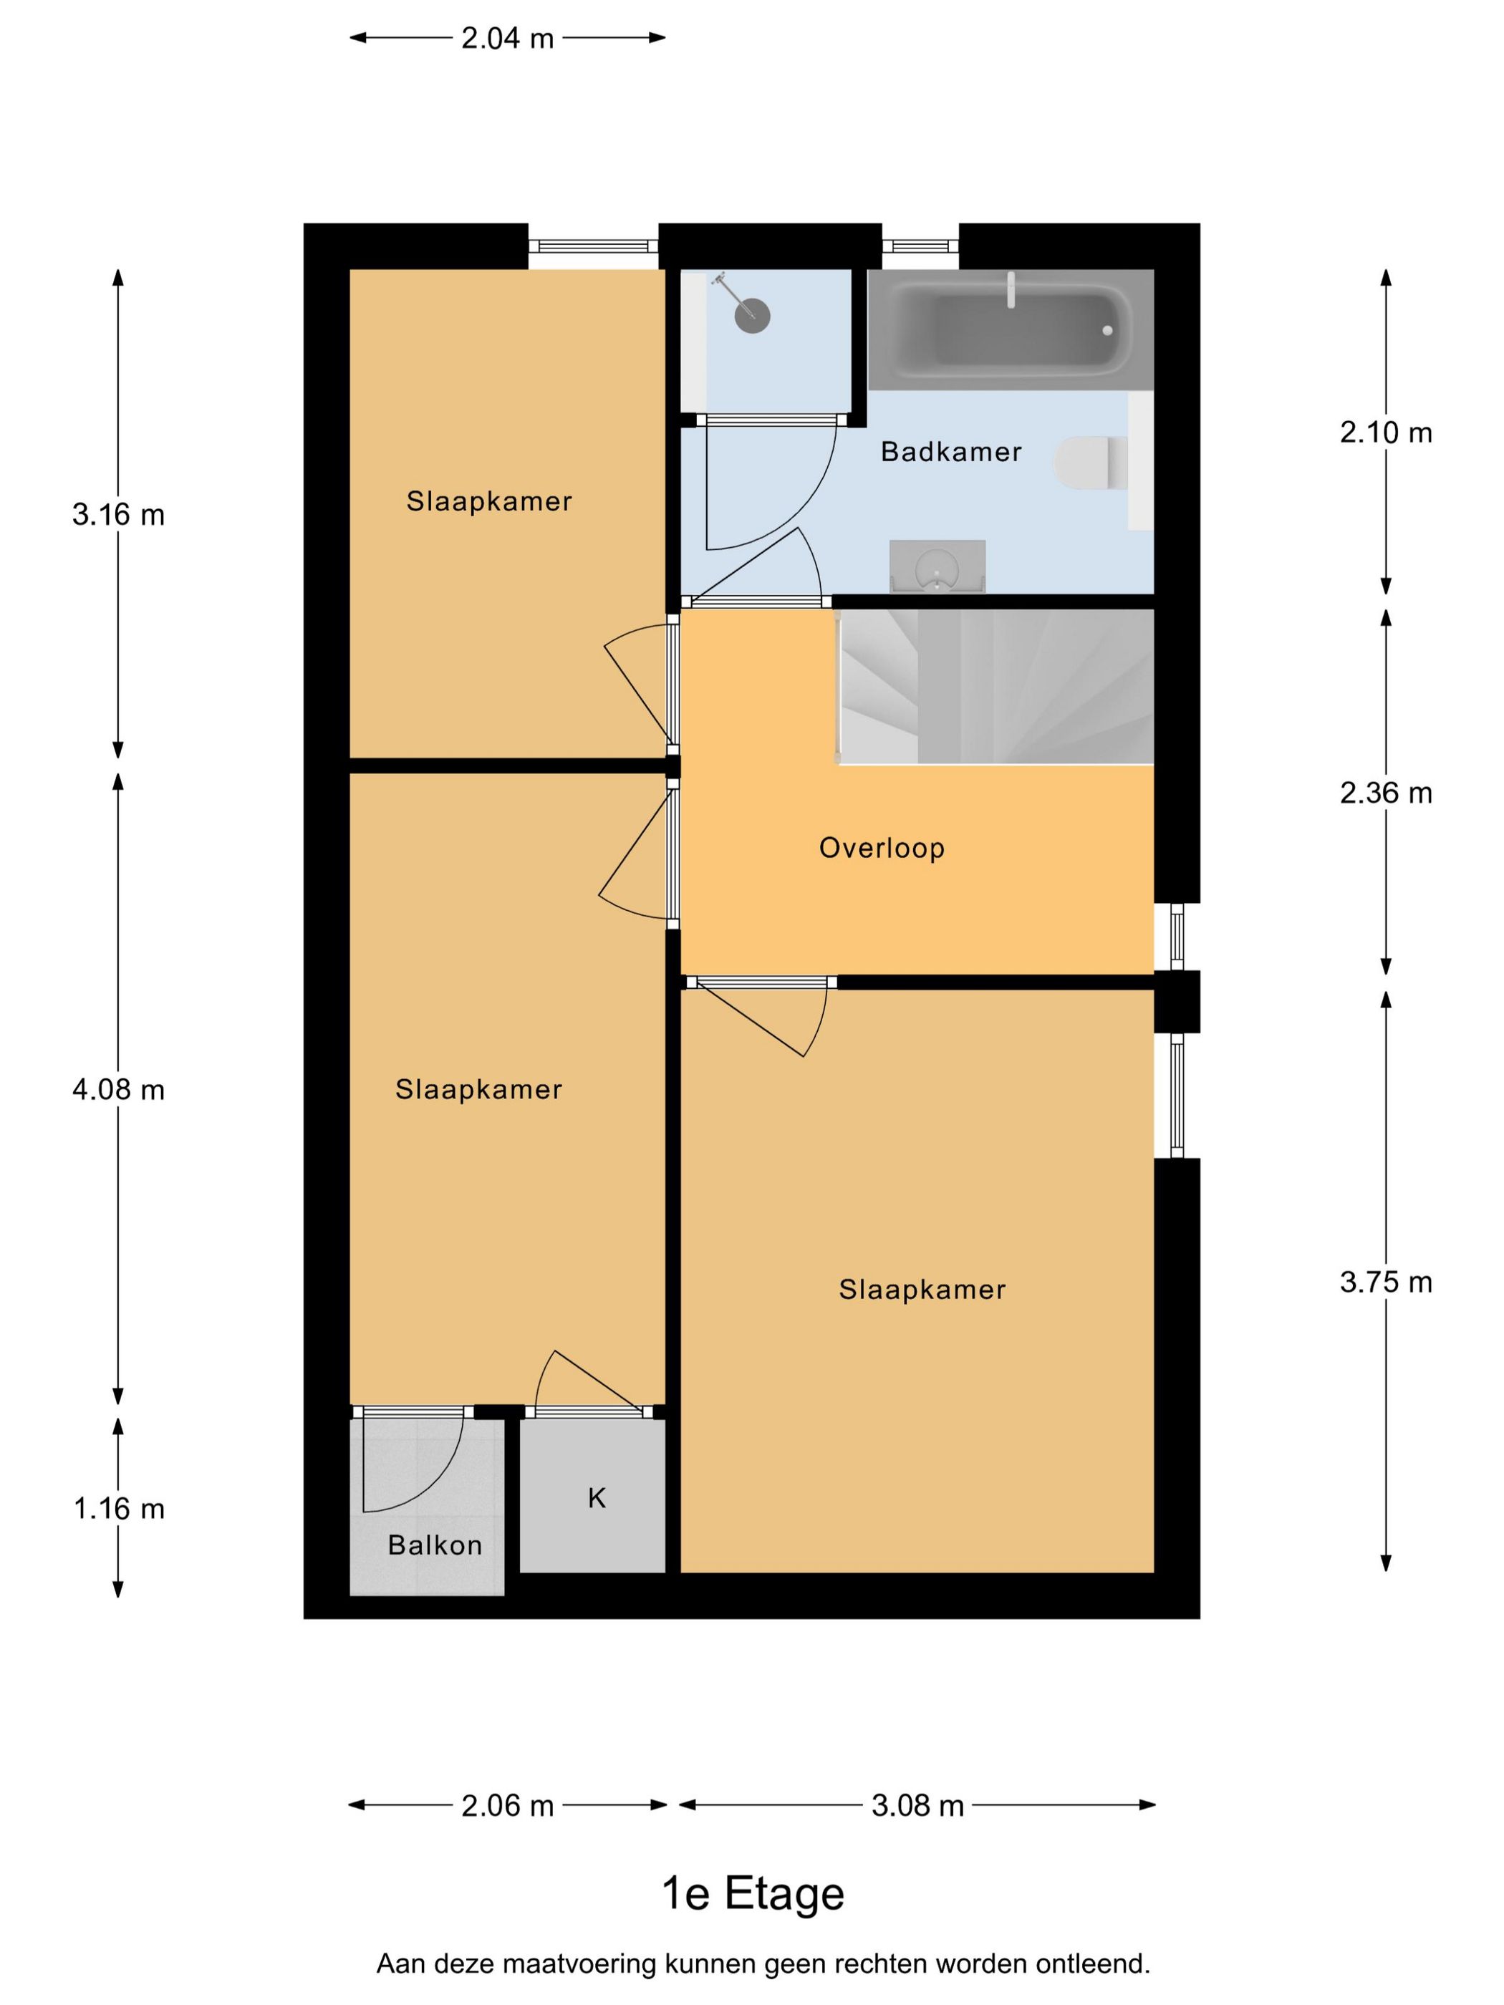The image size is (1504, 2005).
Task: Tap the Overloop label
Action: (881, 848)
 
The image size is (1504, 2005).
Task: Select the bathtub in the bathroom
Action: (1010, 329)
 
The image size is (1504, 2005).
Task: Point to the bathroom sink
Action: (937, 569)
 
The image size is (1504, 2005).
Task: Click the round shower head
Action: (751, 317)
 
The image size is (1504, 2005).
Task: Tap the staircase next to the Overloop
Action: (996, 686)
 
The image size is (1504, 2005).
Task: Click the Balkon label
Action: (434, 1545)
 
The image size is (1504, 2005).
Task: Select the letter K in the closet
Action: (597, 1498)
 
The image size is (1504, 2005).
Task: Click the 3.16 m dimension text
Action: (119, 515)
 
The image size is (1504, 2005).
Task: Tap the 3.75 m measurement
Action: (1385, 1282)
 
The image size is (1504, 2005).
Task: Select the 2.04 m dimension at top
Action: (507, 38)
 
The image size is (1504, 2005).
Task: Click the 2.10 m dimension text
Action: (1385, 433)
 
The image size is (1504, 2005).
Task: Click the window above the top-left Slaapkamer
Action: (593, 246)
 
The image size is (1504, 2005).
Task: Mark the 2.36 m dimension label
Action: (1385, 793)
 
